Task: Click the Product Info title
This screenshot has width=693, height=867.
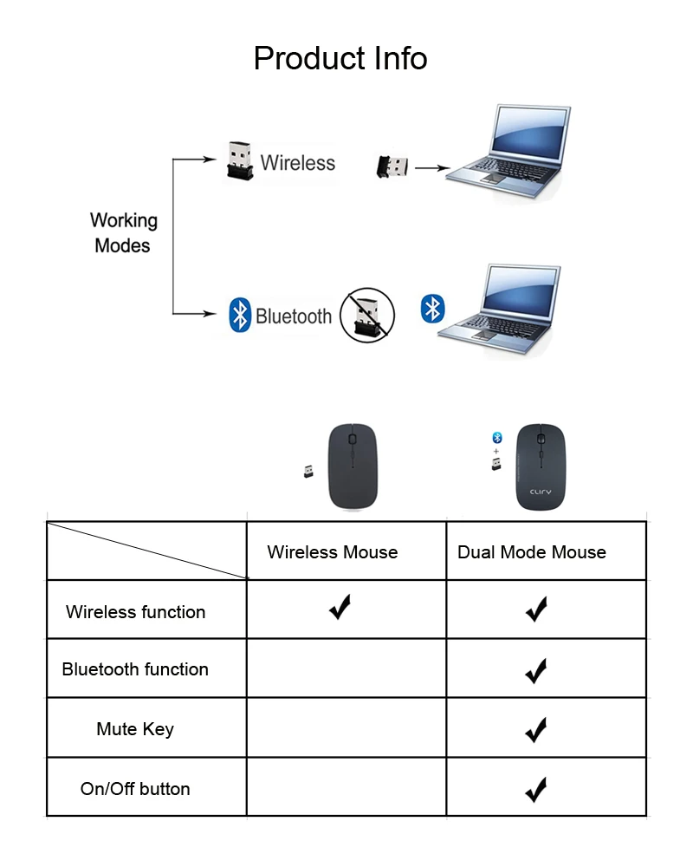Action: [340, 59]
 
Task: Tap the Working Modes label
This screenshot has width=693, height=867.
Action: [123, 233]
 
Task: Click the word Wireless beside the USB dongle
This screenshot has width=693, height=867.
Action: [297, 163]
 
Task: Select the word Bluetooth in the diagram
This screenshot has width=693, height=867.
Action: [294, 316]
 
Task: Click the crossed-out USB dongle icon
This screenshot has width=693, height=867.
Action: [366, 316]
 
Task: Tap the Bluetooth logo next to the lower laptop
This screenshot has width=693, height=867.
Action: [432, 308]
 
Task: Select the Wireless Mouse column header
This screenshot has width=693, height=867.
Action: [333, 552]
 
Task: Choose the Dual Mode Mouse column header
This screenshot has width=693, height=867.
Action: [532, 552]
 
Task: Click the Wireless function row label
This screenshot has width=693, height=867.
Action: [136, 612]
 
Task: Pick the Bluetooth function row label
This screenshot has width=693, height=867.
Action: [135, 669]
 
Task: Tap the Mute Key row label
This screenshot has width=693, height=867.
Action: [135, 729]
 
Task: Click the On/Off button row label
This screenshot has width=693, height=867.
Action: [135, 789]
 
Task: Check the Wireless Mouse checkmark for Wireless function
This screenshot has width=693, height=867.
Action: [340, 608]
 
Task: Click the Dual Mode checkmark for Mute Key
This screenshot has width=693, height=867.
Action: [536, 729]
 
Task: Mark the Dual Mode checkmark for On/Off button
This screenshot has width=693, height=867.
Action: [536, 789]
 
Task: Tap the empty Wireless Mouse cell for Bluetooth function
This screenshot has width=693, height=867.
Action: [346, 669]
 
